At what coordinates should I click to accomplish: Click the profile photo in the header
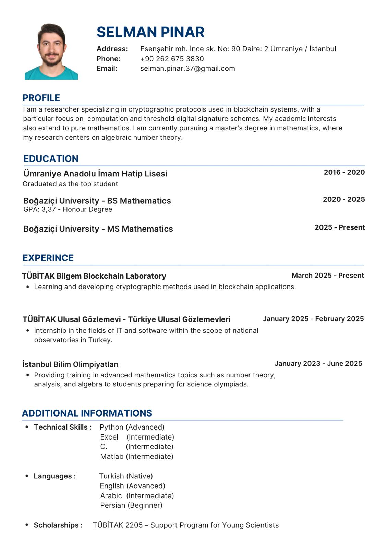(51, 51)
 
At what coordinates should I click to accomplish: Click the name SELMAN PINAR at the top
(150, 32)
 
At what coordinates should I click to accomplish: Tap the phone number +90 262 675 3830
(172, 59)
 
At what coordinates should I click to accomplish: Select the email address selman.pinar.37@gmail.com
(187, 68)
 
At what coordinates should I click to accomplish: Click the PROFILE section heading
(41, 98)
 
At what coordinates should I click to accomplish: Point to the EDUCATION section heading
(51, 159)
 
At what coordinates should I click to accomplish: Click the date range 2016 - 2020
(344, 172)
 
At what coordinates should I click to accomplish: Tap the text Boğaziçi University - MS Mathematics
(98, 229)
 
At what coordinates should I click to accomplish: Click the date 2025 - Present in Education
(340, 227)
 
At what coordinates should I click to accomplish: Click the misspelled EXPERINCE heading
(48, 258)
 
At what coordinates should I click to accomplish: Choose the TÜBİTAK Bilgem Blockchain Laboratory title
(94, 276)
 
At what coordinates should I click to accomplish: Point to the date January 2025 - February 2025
(313, 319)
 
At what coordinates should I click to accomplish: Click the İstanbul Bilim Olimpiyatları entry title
(71, 364)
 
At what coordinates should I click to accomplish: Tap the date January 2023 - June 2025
(318, 363)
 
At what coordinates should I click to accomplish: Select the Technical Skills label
(62, 427)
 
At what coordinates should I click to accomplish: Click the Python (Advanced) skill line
(132, 427)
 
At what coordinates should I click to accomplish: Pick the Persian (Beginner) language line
(131, 505)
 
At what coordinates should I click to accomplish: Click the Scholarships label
(58, 525)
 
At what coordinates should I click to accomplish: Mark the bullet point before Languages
(27, 476)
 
